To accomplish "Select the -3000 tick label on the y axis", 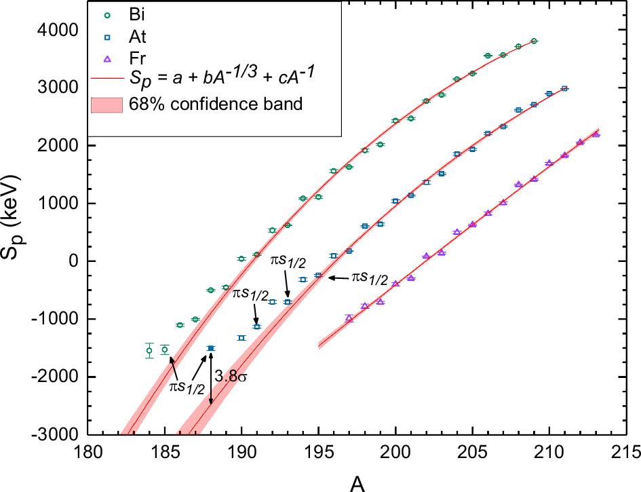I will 54,434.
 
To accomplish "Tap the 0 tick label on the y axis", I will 73,261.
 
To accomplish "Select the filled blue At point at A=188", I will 211,348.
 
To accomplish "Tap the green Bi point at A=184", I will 149,351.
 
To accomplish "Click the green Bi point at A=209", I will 534,41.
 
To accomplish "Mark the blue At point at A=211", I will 564,89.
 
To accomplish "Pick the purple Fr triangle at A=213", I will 596,134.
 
